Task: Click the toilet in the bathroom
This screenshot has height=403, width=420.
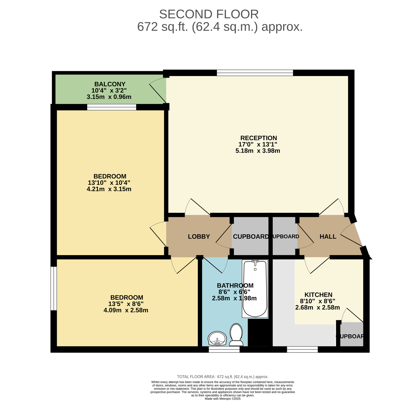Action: (x=236, y=335)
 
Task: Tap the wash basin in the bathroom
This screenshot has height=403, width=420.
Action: (x=217, y=338)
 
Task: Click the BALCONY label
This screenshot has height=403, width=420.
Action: (x=110, y=84)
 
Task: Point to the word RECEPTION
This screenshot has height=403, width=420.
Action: (x=259, y=138)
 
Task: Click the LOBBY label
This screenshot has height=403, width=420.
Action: (x=199, y=237)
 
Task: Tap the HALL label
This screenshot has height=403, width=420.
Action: (x=328, y=237)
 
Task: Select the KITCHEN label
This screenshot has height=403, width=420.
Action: (x=318, y=295)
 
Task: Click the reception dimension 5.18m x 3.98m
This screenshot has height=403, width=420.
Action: (x=258, y=151)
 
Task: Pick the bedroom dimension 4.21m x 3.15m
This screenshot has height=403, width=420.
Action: (x=109, y=189)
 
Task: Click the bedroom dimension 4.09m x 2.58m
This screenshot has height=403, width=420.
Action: (x=126, y=310)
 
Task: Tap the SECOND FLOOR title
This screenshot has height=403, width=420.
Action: (x=209, y=14)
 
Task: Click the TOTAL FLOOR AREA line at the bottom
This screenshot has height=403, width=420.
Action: (x=223, y=377)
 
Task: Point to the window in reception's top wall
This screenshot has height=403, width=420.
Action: (x=255, y=73)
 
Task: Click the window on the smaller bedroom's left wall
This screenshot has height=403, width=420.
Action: (x=54, y=288)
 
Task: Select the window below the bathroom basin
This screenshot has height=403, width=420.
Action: (x=224, y=350)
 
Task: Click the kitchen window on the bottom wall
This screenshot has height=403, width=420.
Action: (x=302, y=350)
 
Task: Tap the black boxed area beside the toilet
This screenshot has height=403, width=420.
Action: (x=258, y=332)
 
